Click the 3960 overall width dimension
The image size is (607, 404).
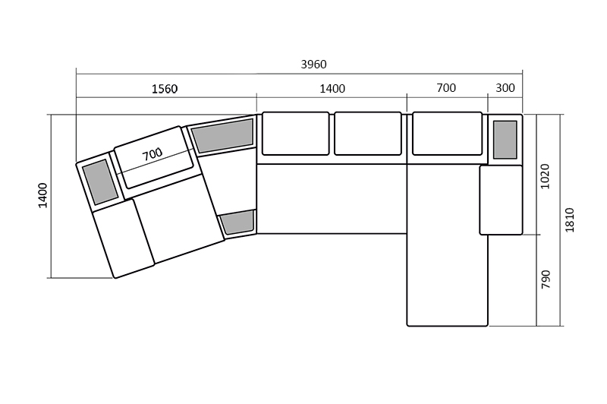(x=313, y=64)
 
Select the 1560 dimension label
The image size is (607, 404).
(x=165, y=89)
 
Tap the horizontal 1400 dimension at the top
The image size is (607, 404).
(x=332, y=89)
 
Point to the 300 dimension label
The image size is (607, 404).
(x=505, y=88)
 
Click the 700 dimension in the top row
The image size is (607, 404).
(x=446, y=88)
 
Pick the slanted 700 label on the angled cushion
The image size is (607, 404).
(x=153, y=154)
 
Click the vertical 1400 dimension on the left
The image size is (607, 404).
(x=42, y=196)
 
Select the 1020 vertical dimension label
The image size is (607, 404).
(x=545, y=176)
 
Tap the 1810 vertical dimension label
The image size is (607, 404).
(x=570, y=220)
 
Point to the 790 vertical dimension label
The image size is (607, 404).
(x=546, y=279)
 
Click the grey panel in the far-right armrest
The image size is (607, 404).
(x=505, y=140)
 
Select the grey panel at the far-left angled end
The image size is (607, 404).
(x=100, y=181)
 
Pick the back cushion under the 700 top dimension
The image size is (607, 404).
(x=447, y=134)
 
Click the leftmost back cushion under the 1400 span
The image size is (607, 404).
(x=296, y=134)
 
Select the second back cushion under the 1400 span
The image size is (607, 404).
(x=368, y=134)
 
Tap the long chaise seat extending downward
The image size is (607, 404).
(x=447, y=245)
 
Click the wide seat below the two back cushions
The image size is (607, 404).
(x=332, y=199)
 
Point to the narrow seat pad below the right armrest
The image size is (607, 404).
(x=501, y=200)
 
